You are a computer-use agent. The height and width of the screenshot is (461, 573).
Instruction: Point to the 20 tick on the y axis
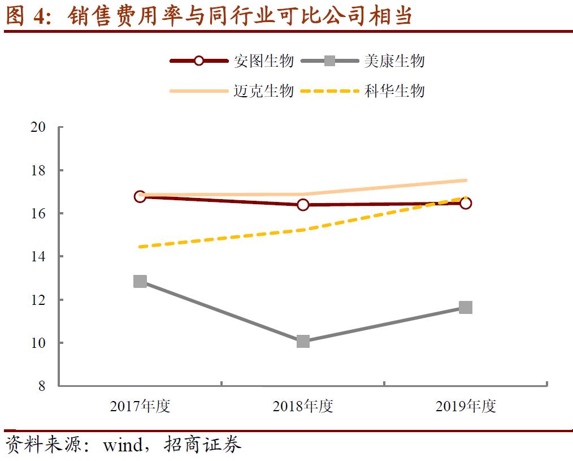[x=38, y=127]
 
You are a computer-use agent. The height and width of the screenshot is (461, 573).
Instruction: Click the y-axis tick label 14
[x=38, y=257]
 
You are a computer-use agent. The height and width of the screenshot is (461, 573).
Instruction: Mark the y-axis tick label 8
[x=41, y=386]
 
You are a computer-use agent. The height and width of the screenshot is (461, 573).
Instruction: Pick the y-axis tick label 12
[x=38, y=300]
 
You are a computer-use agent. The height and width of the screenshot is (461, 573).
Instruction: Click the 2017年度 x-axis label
[x=140, y=406]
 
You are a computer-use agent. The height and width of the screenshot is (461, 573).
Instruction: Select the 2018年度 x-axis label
[x=303, y=406]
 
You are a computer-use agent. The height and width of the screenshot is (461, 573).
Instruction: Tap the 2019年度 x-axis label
[x=466, y=406]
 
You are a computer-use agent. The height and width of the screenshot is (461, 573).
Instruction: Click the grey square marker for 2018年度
[x=303, y=341]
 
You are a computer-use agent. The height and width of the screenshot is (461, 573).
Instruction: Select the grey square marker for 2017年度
[x=140, y=281]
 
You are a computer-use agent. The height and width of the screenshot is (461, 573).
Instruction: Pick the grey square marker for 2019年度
[x=466, y=307]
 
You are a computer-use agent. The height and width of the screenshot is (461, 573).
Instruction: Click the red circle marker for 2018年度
[x=303, y=204]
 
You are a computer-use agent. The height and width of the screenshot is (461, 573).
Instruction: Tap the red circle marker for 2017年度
[x=140, y=196]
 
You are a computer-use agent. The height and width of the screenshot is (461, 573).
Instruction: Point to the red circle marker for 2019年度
[x=466, y=203]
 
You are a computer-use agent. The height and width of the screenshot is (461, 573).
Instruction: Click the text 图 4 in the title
[x=26, y=16]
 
